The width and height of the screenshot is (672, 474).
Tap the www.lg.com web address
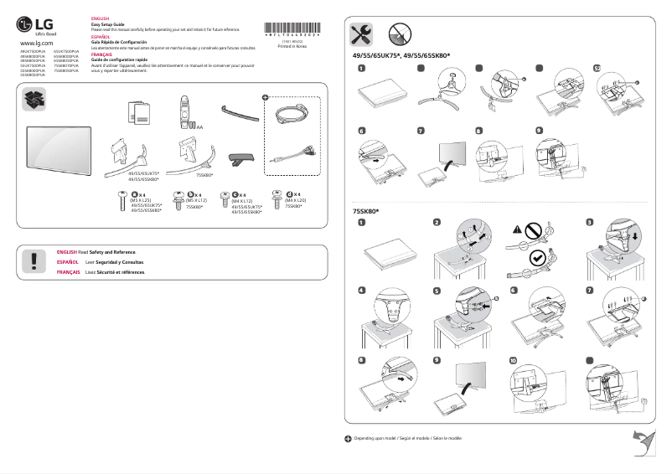coord(36,42)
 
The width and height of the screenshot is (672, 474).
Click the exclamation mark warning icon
coord(34,260)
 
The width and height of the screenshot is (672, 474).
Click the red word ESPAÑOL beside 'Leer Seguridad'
coord(67,262)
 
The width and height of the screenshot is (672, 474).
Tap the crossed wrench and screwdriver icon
coord(362,33)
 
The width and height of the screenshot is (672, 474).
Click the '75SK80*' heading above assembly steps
coord(364,211)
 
